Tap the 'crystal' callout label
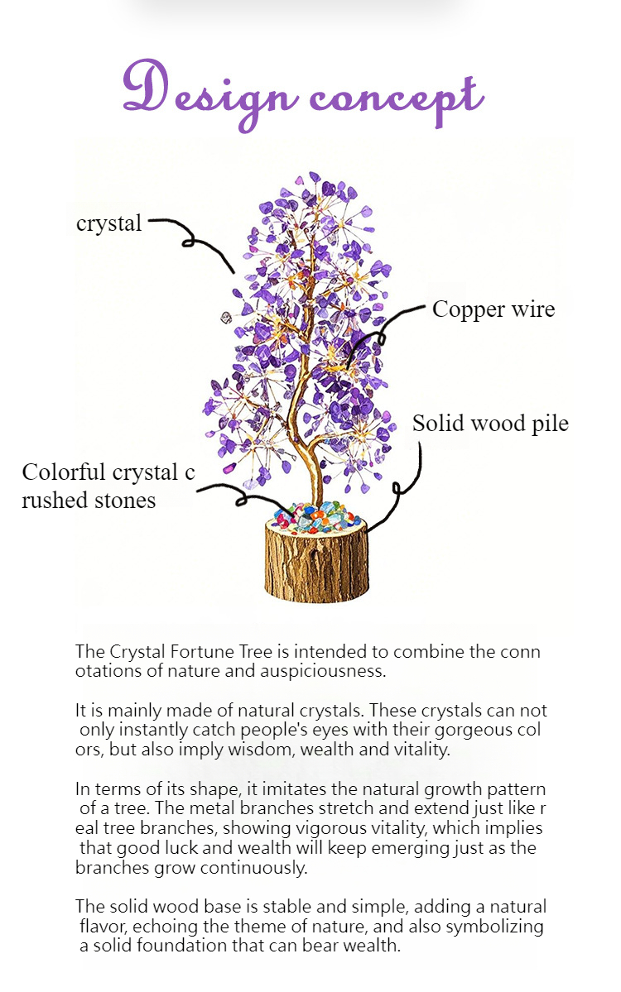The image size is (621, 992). click(108, 223)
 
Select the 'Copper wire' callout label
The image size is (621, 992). click(493, 309)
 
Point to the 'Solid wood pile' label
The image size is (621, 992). click(491, 424)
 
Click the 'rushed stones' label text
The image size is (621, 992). click(89, 501)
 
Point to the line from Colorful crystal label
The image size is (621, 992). click(243, 499)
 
